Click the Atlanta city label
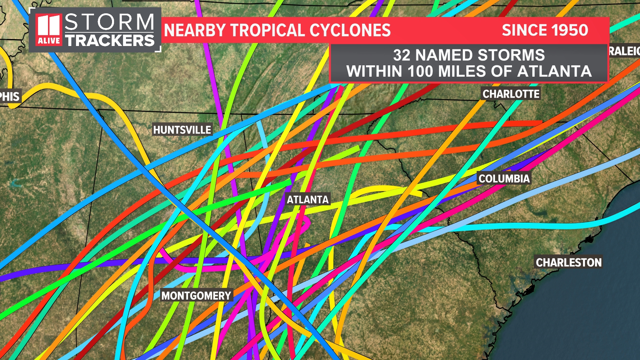(x=308, y=199)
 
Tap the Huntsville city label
(x=182, y=130)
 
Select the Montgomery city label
(x=196, y=295)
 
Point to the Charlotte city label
(x=511, y=94)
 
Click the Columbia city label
(x=504, y=179)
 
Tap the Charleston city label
(x=568, y=262)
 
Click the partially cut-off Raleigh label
(x=624, y=51)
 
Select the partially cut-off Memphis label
(x=10, y=96)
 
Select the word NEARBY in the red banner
(x=195, y=30)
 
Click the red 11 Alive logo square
(x=49, y=30)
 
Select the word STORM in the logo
(x=109, y=22)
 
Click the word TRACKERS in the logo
(x=109, y=41)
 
